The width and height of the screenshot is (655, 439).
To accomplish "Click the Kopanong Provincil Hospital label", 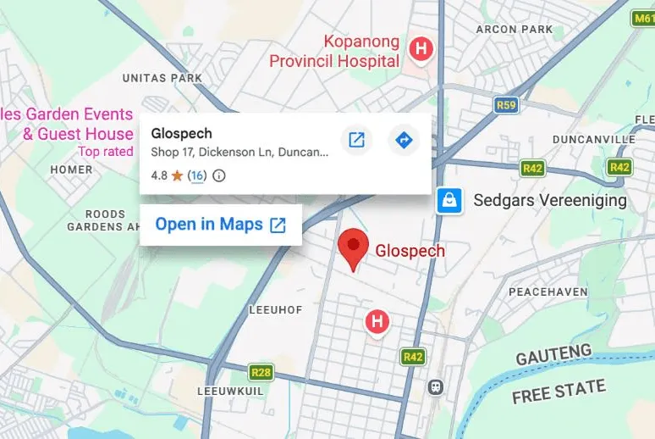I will [334, 51].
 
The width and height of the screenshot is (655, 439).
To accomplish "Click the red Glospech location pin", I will [353, 247].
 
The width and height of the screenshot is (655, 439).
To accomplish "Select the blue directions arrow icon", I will [404, 140].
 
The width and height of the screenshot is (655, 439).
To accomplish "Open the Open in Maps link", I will [220, 225].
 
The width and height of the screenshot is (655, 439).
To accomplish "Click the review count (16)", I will [196, 176].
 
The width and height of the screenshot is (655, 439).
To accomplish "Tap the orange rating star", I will [177, 176].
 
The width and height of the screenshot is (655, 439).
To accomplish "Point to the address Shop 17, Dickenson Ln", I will [239, 153].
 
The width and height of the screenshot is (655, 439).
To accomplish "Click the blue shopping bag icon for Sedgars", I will [449, 201].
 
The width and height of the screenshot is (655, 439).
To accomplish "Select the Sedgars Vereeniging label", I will [550, 201].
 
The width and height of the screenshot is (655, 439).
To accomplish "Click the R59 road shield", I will [506, 105].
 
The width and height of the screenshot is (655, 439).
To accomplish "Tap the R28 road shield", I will [261, 371].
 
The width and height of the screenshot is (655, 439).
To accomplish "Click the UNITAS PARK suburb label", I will [162, 78].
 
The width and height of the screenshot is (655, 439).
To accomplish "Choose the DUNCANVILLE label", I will [593, 139].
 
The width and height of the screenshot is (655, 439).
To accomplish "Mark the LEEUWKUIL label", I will [231, 392].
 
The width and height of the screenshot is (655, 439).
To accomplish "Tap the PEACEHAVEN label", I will [548, 292].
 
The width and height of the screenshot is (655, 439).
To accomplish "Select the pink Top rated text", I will [105, 152].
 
